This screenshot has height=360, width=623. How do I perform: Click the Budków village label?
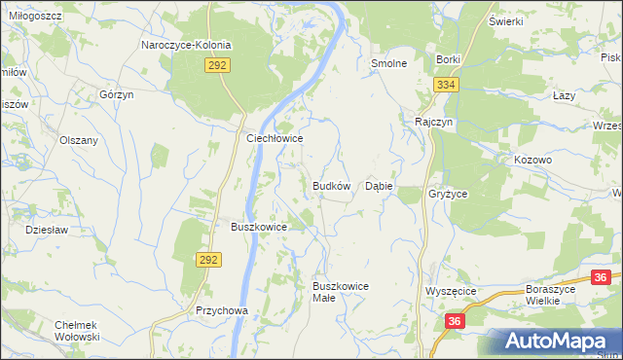pos(331,185)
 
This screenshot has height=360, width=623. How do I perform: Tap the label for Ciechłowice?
pos(275,139)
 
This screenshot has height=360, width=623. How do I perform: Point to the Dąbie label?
pos(378,185)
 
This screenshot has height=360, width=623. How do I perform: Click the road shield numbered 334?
pos(446,86)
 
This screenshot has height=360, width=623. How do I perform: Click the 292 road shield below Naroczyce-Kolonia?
pos(217,65)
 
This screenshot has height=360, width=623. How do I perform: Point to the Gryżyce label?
pos(448,194)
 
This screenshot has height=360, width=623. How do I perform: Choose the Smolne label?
pos(388,62)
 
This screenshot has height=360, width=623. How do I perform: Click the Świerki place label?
pos(506,21)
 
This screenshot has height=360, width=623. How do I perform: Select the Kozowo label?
pos(532,159)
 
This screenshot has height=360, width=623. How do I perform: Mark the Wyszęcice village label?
pos(450,291)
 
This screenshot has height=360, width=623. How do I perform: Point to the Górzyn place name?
pos(116,94)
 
